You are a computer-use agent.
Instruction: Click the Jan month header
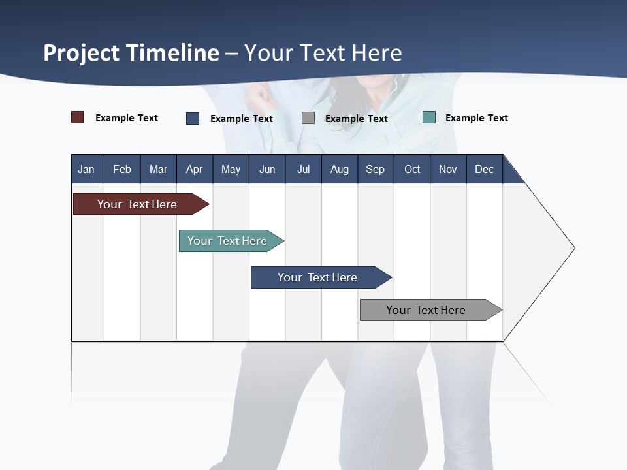pos(86,169)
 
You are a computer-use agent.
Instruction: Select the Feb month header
pos(122,169)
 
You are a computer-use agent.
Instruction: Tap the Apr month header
pos(194,169)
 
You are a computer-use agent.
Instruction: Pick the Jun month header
pos(267,169)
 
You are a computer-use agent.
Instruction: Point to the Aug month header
pos(339,169)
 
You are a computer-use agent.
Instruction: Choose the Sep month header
pos(375,169)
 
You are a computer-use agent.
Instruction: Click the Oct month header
pos(412,169)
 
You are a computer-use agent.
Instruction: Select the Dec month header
pos(484,169)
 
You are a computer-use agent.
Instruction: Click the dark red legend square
pos(77,117)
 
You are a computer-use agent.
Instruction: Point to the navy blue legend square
pos(193,118)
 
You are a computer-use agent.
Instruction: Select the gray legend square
pos(308,118)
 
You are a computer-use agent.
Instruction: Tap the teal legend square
pos(428,117)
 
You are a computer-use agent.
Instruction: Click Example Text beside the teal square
pos(476,117)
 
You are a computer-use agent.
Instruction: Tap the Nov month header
pos(447,169)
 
